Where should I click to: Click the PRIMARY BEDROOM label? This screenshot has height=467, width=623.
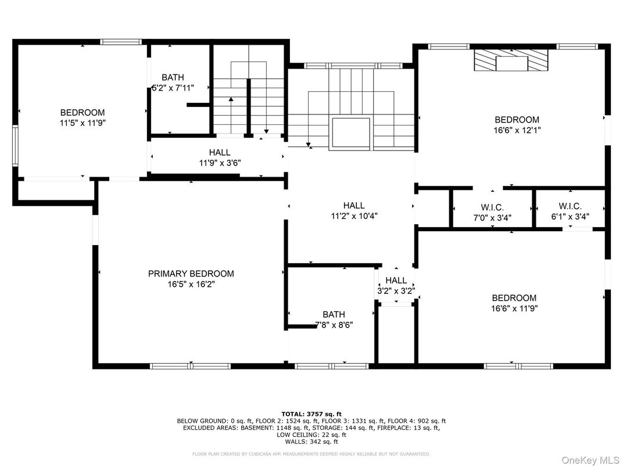(x=191, y=274)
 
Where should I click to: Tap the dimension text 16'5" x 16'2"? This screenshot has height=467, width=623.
(x=191, y=285)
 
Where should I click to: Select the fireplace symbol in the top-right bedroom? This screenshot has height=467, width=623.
(x=511, y=60)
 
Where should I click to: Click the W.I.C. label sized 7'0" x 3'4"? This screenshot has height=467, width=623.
(x=492, y=207)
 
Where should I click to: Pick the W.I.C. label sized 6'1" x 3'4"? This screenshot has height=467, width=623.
(x=570, y=206)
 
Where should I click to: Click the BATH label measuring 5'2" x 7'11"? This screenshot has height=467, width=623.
(x=173, y=77)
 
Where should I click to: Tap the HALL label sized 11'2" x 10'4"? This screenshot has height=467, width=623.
(x=353, y=205)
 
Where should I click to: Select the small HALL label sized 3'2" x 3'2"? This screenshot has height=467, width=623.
(x=396, y=281)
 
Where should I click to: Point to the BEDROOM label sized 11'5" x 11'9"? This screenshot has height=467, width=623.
(x=83, y=112)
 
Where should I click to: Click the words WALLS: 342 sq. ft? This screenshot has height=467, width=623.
(x=311, y=441)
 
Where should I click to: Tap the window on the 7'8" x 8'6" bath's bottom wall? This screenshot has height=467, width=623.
(x=331, y=366)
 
